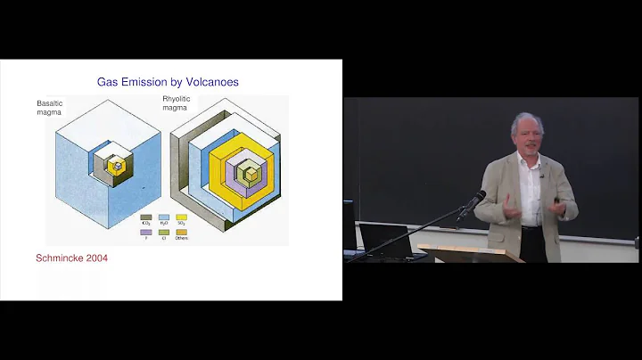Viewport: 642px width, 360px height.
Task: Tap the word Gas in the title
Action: (110, 82)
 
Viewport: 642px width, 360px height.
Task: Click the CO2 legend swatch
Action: (146, 217)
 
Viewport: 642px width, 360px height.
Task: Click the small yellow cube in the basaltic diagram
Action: (116, 166)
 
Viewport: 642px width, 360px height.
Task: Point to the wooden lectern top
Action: (464, 249)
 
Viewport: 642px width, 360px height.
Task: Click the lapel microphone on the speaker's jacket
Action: (540, 176)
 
